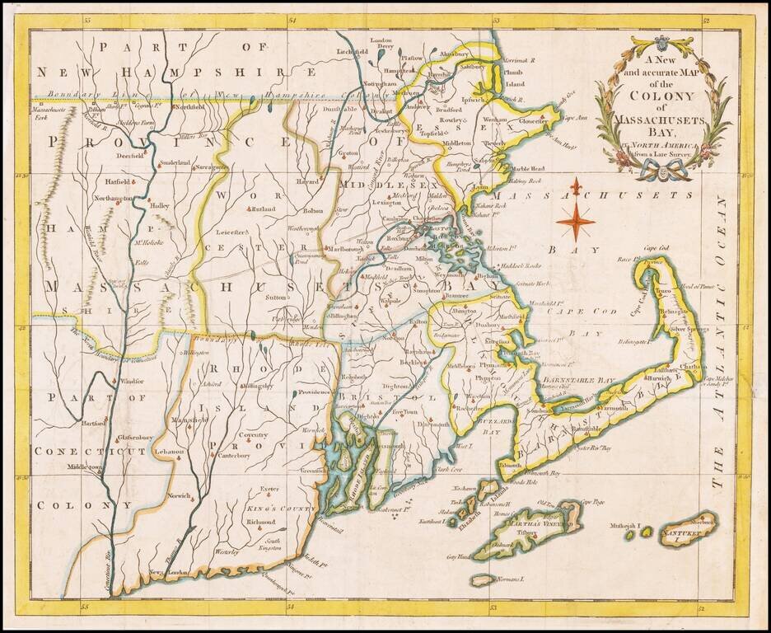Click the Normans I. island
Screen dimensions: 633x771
tap(511, 580)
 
